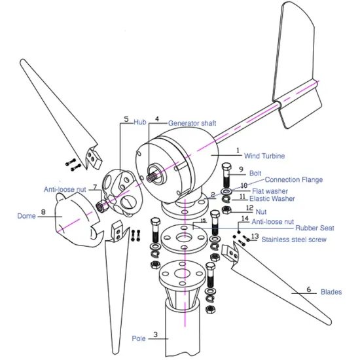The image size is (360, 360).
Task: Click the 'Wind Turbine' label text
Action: [x=265, y=156]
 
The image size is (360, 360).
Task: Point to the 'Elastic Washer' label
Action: [x=273, y=198]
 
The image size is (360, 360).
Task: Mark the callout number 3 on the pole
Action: [x=155, y=334]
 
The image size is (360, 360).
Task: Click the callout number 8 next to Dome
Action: [x=43, y=212]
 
